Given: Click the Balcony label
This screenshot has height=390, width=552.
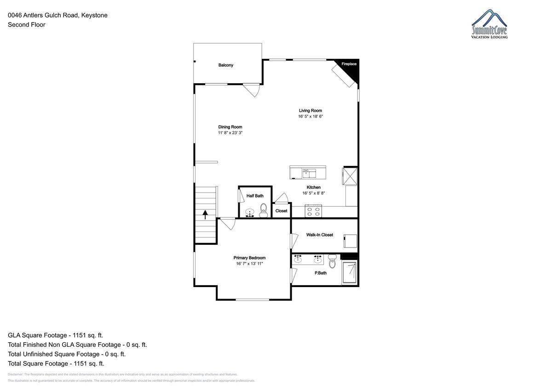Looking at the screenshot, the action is [225, 65].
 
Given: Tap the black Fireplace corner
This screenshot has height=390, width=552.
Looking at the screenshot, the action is [351, 68].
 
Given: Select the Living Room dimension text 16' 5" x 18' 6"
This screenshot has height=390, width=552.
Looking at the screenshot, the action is [310, 116].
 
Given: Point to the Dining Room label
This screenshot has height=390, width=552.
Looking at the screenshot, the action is [230, 127].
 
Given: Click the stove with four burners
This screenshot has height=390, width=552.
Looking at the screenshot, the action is [313, 211].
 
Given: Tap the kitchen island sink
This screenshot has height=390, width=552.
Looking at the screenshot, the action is [309, 173].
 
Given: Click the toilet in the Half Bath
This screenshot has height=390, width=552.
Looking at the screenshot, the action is [264, 211].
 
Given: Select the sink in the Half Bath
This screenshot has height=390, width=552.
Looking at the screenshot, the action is [250, 213].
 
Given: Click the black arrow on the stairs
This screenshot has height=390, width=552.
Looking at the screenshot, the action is [205, 215].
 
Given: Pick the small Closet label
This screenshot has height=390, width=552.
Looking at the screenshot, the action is [281, 211].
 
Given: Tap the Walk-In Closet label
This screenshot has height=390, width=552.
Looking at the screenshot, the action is [320, 235].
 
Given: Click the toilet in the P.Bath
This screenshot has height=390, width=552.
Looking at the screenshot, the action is [332, 261].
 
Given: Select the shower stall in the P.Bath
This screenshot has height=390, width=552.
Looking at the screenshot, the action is [349, 272].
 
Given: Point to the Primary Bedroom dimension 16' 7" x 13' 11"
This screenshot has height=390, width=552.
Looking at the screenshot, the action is [249, 264].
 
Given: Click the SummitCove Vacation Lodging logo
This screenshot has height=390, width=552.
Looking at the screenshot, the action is [489, 24].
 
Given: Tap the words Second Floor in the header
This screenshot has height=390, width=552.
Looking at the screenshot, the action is [27, 25].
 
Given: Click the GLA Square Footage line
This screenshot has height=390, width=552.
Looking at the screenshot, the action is [56, 335].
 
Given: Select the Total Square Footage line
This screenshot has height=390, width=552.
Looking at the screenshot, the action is [56, 363].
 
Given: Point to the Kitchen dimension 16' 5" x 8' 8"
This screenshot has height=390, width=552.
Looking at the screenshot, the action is [313, 193].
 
